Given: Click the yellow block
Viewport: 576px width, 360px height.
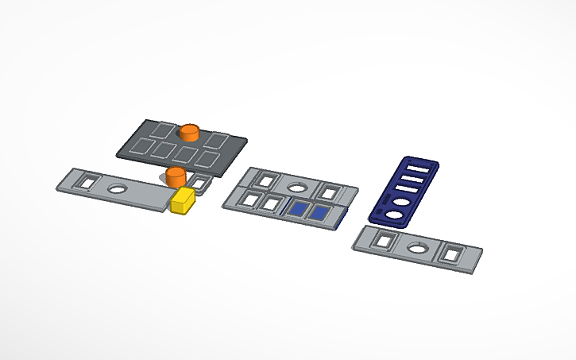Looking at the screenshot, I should pyautogui.click(x=183, y=200).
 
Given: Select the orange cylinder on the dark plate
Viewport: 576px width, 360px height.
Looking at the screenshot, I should pyautogui.click(x=189, y=132).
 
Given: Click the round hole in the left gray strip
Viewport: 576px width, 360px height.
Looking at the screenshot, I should pyautogui.click(x=118, y=189).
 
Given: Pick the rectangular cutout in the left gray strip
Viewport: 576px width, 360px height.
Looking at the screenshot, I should pyautogui.click(x=86, y=182).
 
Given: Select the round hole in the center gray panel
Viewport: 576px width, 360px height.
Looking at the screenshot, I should pyautogui.click(x=297, y=188).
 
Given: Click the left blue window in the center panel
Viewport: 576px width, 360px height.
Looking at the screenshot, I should pyautogui.click(x=299, y=209).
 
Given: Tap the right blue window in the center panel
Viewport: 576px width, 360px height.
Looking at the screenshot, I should pyautogui.click(x=322, y=212).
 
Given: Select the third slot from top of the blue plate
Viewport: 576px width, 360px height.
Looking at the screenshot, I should pyautogui.click(x=408, y=192).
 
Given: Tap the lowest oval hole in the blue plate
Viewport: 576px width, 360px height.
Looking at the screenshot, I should pyautogui.click(x=395, y=214).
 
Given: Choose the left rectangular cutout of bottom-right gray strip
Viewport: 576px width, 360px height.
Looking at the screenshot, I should pyautogui.click(x=385, y=240).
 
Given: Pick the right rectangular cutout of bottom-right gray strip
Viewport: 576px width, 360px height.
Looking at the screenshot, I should pyautogui.click(x=452, y=254).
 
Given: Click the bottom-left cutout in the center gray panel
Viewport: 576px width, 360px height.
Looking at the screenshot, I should pyautogui.click(x=253, y=199).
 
